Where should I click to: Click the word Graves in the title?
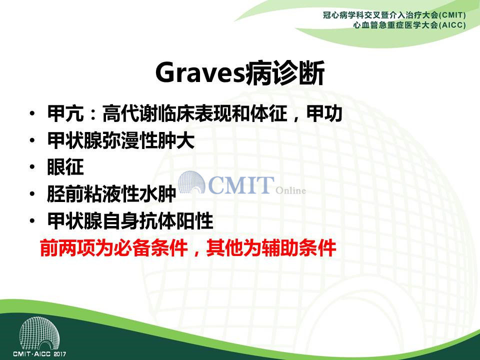tap(200, 73)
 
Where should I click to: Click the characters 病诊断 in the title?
tap(284, 73)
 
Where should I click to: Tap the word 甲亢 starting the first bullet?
tap(65, 113)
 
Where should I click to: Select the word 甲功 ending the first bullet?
tap(324, 113)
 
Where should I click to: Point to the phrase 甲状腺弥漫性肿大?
tap(121, 140)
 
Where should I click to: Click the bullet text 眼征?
tap(65, 167)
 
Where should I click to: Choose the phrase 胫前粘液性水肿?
tap(111, 194)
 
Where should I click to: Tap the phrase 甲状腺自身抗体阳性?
tap(130, 220)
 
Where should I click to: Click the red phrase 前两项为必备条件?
tap(113, 247)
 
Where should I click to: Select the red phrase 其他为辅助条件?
tap(271, 247)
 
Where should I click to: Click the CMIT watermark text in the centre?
tap(241, 185)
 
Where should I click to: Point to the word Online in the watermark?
tap(290, 190)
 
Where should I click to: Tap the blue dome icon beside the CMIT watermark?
tap(191, 182)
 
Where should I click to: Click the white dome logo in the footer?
tap(39, 333)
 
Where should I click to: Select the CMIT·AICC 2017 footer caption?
tap(39, 354)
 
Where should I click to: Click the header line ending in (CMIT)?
tap(394, 15)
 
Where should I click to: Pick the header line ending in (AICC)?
tap(409, 25)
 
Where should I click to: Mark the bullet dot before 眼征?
tap(32, 167)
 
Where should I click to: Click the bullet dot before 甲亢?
tap(32, 114)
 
